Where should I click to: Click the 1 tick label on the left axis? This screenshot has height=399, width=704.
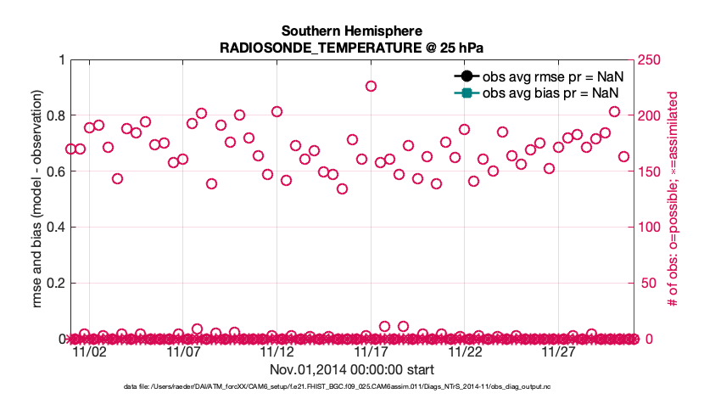click(x=60, y=59)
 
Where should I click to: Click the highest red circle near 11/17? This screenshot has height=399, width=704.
click(x=371, y=86)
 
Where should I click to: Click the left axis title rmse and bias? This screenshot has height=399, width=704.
click(x=38, y=199)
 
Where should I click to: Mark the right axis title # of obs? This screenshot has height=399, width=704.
click(x=672, y=199)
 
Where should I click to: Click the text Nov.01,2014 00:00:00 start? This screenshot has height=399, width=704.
click(x=351, y=370)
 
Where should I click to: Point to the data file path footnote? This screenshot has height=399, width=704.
click(x=351, y=387)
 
